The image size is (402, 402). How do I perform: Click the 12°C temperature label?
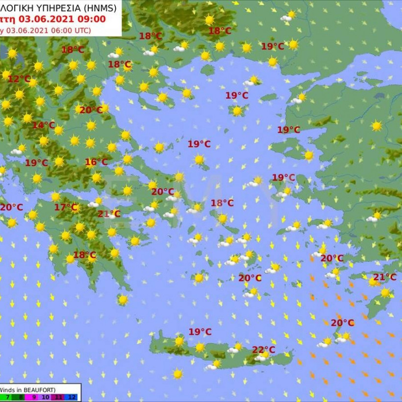click(19, 79)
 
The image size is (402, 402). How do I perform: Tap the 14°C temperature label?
click(44, 126)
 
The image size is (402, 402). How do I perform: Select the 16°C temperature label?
click(96, 162)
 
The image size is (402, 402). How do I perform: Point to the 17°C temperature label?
click(66, 207)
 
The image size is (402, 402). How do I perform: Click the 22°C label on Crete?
click(264, 350)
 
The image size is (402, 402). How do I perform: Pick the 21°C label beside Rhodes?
click(385, 277)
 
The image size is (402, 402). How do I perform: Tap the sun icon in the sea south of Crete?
click(177, 374)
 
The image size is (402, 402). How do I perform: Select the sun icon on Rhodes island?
click(385, 293)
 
